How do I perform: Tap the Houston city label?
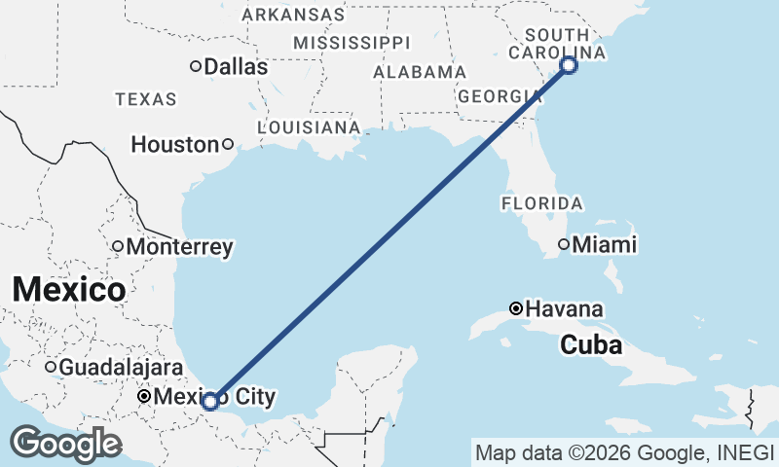point(175,145)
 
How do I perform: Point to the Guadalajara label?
point(121,368)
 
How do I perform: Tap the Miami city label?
point(604,244)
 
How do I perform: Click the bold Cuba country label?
point(591,344)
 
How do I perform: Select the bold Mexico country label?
point(68,289)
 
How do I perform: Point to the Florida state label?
point(542,204)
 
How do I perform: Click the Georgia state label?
point(494,96)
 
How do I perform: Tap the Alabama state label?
point(420,72)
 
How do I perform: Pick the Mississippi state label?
point(352,43)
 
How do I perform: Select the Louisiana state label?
point(309,127)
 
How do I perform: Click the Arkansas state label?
point(293,15)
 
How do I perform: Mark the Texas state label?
point(146,99)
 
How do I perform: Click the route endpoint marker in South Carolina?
point(569,65)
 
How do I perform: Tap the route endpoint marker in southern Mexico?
point(209,400)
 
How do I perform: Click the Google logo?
point(66,444)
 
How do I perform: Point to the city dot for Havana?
point(516,308)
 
